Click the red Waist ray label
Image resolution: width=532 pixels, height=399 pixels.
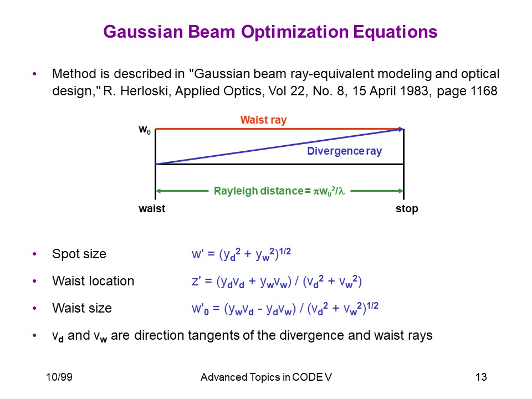click(264, 120)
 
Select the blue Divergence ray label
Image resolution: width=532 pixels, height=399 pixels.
click(344, 151)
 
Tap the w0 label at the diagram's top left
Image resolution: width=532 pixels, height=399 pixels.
click(145, 130)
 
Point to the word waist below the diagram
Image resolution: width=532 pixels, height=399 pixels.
click(152, 208)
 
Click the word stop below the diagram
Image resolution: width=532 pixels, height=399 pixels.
click(407, 209)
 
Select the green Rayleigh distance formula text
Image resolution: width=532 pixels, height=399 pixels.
click(279, 191)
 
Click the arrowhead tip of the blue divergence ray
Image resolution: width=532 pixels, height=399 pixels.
click(403, 129)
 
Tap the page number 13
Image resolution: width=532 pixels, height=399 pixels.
click(481, 377)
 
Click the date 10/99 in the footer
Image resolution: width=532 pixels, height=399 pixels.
click(59, 377)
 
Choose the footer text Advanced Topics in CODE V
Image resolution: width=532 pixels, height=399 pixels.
click(266, 377)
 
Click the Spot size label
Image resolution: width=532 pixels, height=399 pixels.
click(79, 254)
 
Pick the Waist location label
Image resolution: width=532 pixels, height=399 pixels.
click(93, 281)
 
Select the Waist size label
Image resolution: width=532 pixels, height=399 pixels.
click(82, 308)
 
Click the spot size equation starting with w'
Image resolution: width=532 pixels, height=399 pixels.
click(241, 254)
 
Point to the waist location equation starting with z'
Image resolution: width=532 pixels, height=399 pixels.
click(277, 282)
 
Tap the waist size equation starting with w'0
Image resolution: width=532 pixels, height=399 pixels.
click(285, 309)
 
